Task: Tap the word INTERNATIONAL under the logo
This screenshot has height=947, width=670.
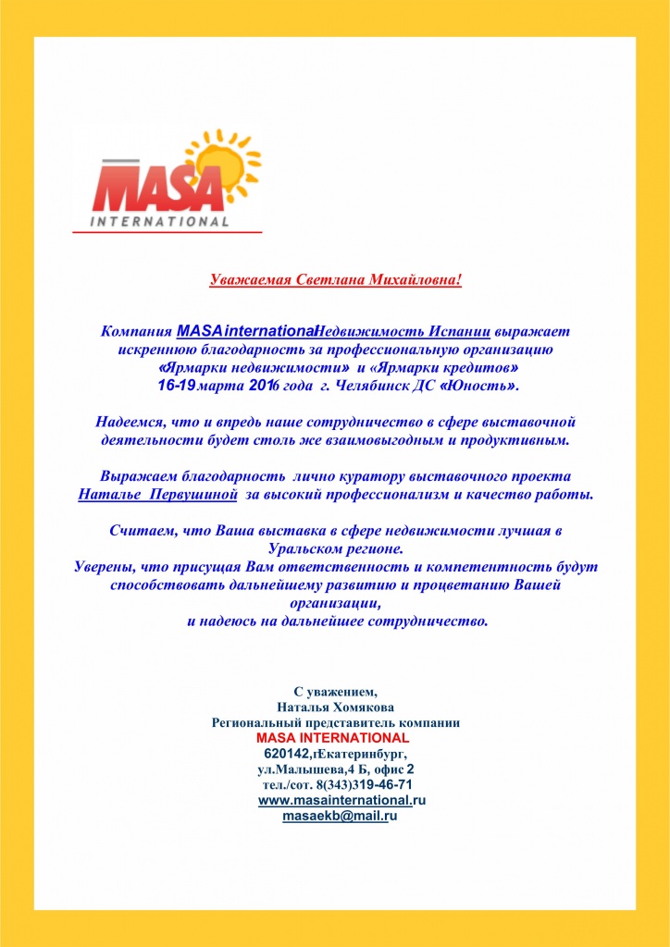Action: coord(160,221)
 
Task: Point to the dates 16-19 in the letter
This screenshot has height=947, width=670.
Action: coord(175,383)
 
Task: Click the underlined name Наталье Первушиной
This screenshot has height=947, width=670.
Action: coord(159,494)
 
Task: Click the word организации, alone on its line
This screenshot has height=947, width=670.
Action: coord(334,602)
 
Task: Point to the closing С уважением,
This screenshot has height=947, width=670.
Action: coord(335,691)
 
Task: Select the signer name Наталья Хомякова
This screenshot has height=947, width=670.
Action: coord(335,707)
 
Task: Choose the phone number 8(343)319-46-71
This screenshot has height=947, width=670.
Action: coord(361,784)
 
